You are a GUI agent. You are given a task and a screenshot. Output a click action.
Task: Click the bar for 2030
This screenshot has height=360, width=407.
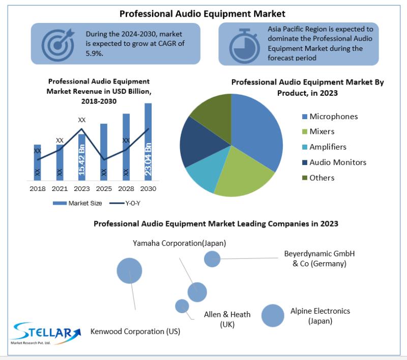[x=148, y=142]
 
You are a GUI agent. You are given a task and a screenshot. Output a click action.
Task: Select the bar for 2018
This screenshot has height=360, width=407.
[x=37, y=162]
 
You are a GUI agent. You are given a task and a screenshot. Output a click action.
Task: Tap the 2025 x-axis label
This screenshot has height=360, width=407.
[x=104, y=188]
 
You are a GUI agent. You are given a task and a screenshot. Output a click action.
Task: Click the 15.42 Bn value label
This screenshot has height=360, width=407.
[x=81, y=159]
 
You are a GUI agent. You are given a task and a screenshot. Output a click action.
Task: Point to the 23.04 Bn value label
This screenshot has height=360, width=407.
[x=148, y=159]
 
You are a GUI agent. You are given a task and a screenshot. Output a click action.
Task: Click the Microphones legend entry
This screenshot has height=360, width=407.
[x=330, y=117]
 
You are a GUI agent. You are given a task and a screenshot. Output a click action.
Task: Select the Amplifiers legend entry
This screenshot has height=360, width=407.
[x=324, y=147]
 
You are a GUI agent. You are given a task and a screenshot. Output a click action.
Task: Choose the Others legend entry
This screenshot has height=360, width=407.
[x=318, y=178]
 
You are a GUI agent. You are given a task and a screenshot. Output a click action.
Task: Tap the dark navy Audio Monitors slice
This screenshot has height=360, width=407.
[x=200, y=143]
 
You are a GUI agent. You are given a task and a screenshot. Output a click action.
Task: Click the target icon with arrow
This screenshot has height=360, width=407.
[x=58, y=45]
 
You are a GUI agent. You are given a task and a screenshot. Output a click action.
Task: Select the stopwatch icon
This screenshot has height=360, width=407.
[x=244, y=46]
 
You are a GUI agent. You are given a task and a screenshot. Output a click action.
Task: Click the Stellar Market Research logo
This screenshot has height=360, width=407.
[x=46, y=334]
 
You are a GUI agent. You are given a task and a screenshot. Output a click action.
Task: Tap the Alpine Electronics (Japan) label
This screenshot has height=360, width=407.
[x=320, y=316]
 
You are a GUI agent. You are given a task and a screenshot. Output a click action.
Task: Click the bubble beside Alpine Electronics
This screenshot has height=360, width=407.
[x=273, y=315]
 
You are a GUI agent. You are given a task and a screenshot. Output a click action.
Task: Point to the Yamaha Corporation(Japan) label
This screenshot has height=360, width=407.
[x=180, y=243]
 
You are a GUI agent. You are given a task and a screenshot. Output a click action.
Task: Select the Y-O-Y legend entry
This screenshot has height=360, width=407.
[x=125, y=203]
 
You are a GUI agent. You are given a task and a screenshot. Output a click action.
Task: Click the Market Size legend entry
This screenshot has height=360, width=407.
[x=77, y=203]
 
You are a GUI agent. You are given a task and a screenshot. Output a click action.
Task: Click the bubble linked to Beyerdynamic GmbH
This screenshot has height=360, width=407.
[x=212, y=259]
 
